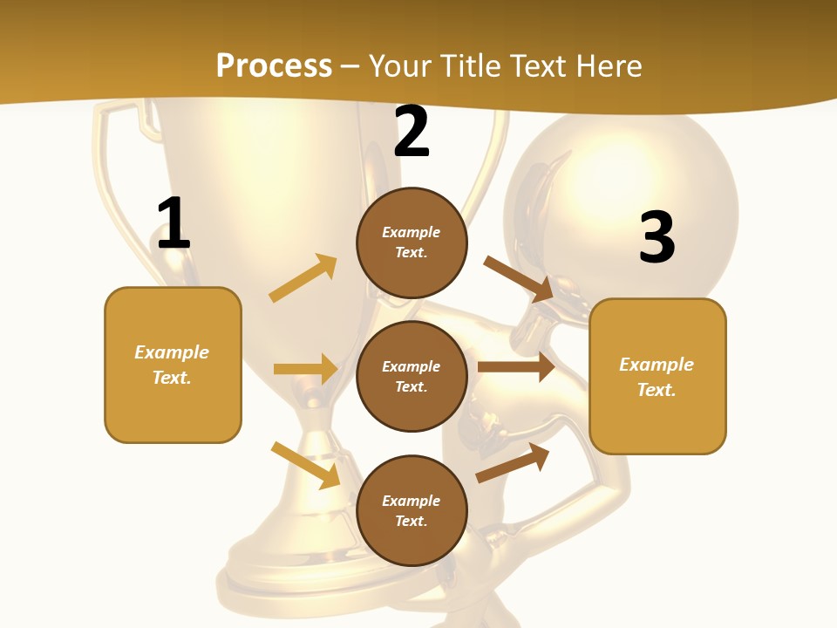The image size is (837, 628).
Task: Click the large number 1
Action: pos(174,224)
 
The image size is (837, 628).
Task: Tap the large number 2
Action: pos(412,133)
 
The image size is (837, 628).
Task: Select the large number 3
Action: pos(657,237)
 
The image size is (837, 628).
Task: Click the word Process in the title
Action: pos(274,65)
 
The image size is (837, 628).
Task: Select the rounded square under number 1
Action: pos(173,365)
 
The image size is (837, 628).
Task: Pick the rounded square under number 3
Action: pos(657,377)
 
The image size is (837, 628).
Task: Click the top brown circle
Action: pos(412,242)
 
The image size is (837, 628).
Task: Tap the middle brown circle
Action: pos(412,376)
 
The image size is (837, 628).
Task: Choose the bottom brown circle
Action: pos(412,510)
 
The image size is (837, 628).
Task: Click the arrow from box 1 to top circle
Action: pos(303,278)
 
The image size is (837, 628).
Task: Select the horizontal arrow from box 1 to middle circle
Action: pos(305,369)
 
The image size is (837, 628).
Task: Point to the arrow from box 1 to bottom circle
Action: pos(305,465)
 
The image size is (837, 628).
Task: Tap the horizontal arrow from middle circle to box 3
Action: pos(516,367)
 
